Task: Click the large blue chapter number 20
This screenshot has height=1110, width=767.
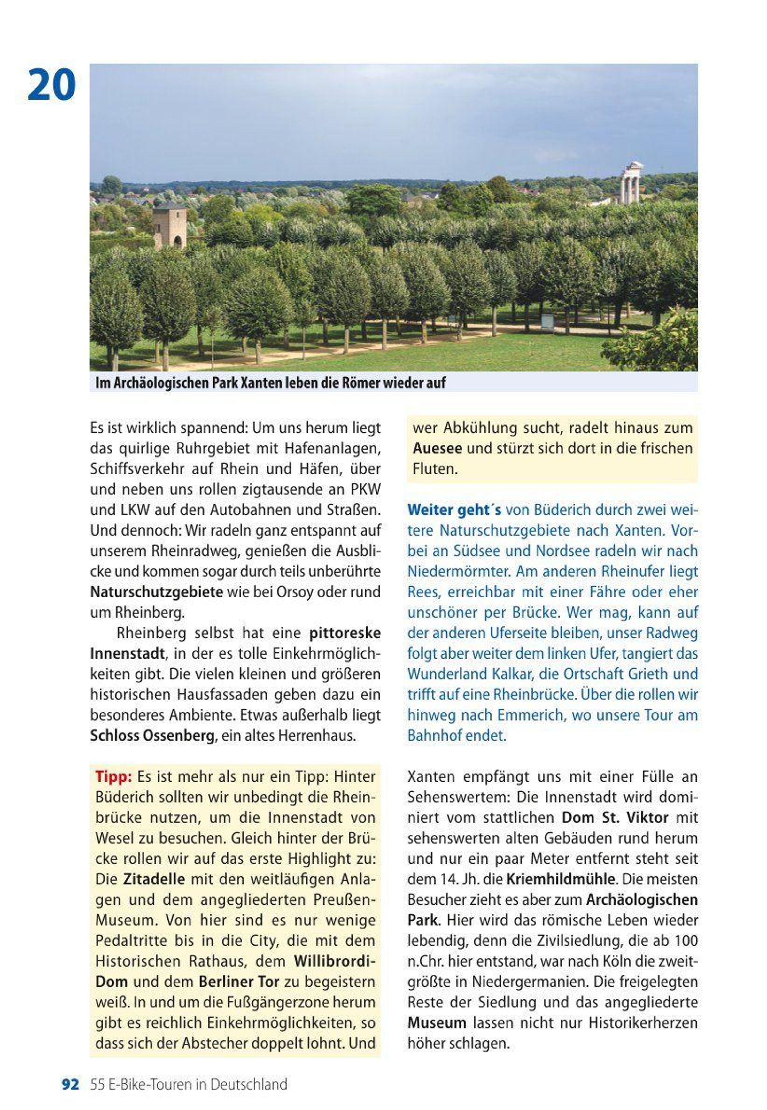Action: tap(51, 85)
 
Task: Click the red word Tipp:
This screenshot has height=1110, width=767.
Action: tap(113, 776)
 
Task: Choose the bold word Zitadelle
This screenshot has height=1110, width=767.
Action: tap(154, 879)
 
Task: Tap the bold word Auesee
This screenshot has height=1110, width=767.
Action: tap(437, 448)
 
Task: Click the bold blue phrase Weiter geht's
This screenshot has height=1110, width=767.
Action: tap(454, 510)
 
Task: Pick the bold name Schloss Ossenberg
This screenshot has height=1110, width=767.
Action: tap(152, 736)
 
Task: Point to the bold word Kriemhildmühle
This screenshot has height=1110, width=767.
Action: tap(560, 879)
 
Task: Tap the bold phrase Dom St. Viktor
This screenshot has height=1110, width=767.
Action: tap(615, 817)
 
